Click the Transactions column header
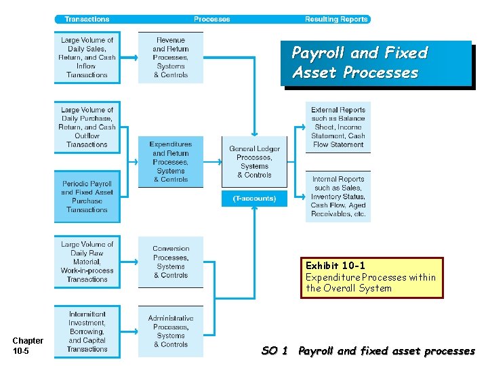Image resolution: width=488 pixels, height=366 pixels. tap(87, 19)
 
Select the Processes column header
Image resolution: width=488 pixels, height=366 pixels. tap(211, 19)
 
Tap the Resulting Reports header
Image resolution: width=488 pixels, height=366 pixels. tap(336, 19)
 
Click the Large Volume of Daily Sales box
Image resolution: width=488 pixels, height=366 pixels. tap(87, 58)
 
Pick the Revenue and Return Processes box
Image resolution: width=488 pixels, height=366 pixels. tap(170, 58)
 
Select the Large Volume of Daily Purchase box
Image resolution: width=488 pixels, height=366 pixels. tap(87, 127)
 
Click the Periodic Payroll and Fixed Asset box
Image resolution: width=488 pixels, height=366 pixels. tap(87, 197)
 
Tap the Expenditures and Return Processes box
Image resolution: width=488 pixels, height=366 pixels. tap(170, 162)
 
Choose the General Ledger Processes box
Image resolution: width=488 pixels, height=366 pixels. tap(254, 162)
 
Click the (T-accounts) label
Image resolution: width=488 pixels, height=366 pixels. tap(254, 199)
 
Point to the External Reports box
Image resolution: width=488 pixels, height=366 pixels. tap(338, 127)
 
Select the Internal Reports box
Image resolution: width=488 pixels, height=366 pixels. tap(338, 197)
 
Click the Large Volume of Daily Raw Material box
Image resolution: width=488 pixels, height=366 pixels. tap(87, 262)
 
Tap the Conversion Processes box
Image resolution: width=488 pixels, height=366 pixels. tap(170, 262)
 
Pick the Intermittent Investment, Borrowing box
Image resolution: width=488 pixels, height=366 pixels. tap(87, 331)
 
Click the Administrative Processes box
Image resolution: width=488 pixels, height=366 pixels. tap(170, 331)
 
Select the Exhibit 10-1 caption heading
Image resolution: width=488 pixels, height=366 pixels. tap(335, 265)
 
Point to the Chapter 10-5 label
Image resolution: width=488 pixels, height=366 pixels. tap(28, 346)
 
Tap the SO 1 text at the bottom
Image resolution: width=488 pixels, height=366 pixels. tap(274, 351)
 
